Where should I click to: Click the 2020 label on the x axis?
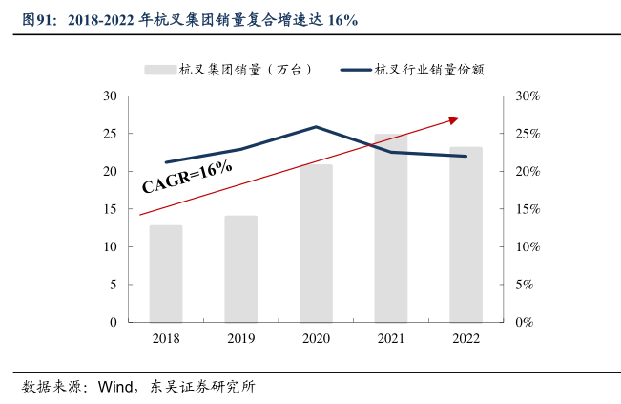[x=316, y=338]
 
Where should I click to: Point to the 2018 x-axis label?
[x=166, y=338]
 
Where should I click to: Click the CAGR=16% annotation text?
[x=188, y=177]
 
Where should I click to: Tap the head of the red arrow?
[x=455, y=119]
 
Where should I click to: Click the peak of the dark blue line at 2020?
[x=316, y=127]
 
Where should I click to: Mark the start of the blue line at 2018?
[x=166, y=162]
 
